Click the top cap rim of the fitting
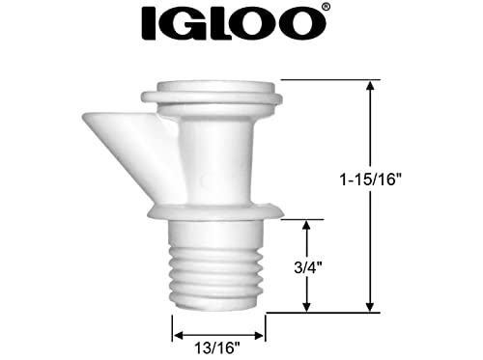point(212,97)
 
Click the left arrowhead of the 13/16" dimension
point(177,337)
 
